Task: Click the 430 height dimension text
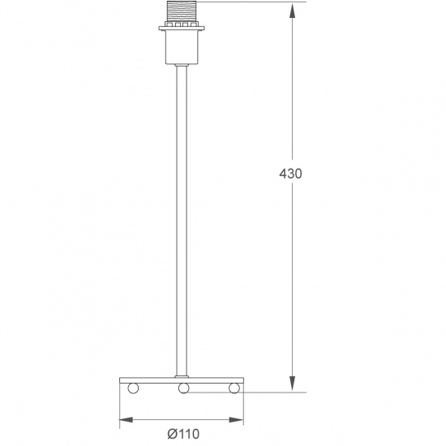pyautogui.click(x=290, y=174)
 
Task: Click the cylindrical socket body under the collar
pyautogui.click(x=182, y=50)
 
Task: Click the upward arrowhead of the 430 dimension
pyautogui.click(x=293, y=10)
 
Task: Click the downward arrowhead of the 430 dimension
pyautogui.click(x=293, y=385)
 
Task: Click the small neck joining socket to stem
pyautogui.click(x=182, y=67)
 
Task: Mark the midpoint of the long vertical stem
pyautogui.click(x=182, y=219)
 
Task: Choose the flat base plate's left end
pyautogui.click(x=122, y=381)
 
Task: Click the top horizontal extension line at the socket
pyautogui.click(x=251, y=2)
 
